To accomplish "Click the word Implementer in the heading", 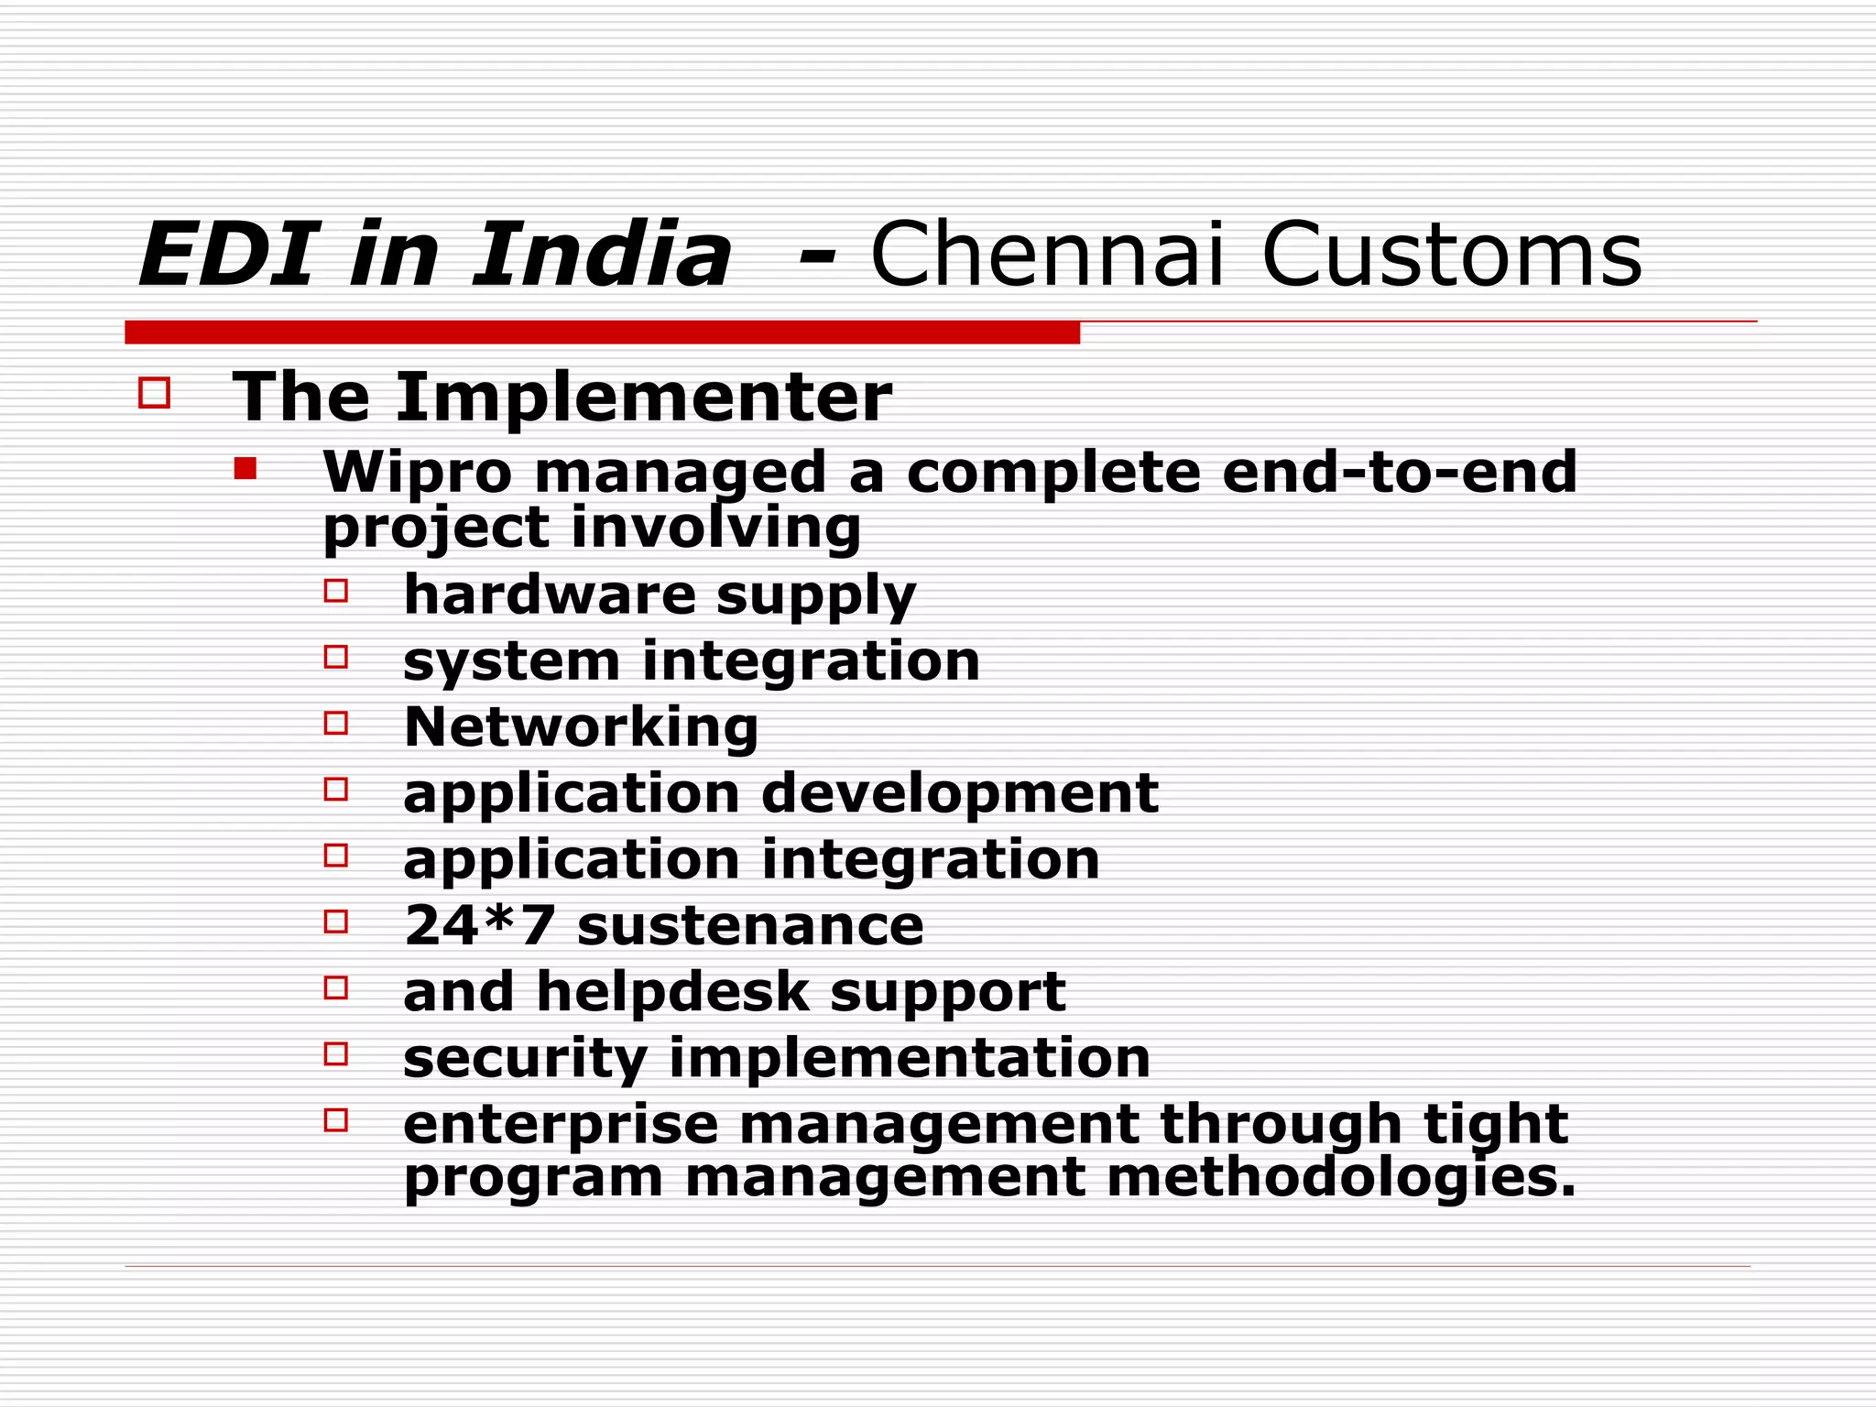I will [643, 398].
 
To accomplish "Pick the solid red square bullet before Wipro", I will [245, 469].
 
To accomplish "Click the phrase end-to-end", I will [1399, 473].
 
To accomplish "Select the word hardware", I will [550, 594].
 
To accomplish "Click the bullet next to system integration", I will [336, 657].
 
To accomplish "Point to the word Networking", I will [581, 727].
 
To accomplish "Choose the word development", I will [959, 793].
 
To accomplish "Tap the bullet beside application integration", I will [336, 855].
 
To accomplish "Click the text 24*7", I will [479, 925].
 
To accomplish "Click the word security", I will [525, 1058].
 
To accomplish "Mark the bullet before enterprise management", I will [336, 1119].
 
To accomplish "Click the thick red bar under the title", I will [602, 333].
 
